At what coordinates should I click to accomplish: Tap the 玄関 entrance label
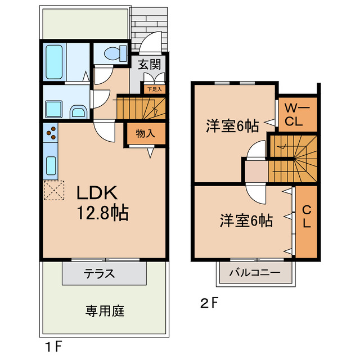point(150,64)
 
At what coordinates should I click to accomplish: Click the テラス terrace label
point(100,274)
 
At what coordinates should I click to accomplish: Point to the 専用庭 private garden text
point(105,310)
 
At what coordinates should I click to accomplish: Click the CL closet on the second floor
point(307,217)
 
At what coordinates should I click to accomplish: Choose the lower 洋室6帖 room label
point(246,220)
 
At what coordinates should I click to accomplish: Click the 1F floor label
point(54,345)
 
